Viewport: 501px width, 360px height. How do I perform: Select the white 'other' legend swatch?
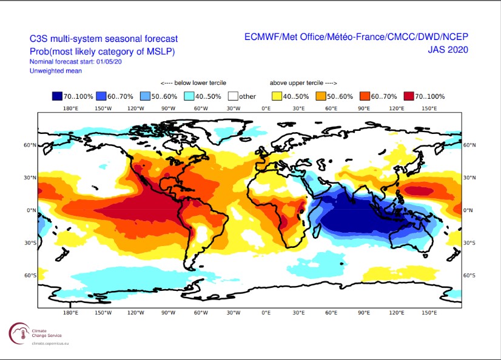232,96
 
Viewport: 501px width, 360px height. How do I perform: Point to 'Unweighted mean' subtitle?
55,71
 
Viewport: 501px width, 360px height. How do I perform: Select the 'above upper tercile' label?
303,83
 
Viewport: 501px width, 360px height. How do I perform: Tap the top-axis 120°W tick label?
135,108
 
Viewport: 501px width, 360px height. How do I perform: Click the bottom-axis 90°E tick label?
364,313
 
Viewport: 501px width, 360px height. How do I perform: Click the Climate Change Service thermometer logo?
17,332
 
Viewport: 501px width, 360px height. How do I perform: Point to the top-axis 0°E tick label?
266,108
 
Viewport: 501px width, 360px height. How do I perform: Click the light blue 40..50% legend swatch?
189,96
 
